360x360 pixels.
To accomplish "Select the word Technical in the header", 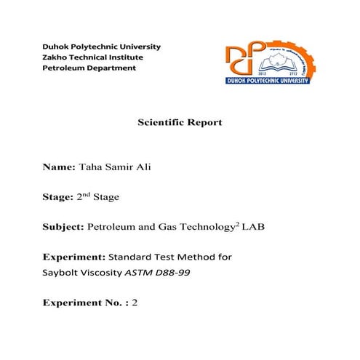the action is point(92,57).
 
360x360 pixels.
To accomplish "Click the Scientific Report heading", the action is point(180,122).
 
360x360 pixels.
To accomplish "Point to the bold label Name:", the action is point(58,167).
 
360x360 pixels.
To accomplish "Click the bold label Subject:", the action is point(63,228).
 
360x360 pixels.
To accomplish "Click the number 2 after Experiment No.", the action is point(135,302).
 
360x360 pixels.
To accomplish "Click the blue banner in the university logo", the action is point(268,79).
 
